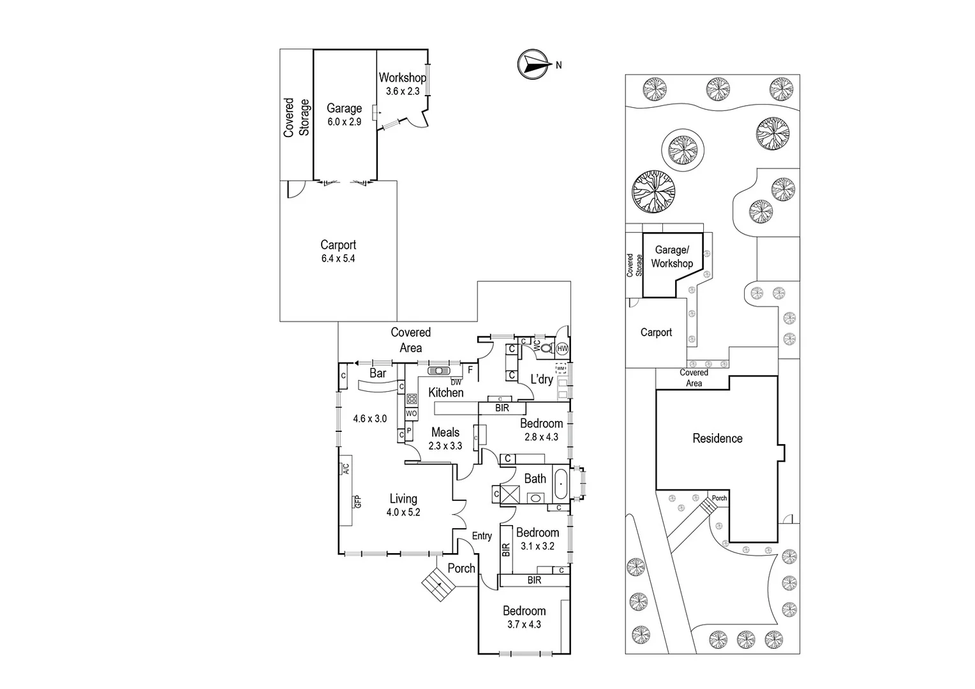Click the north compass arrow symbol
(533, 64)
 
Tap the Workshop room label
(402, 78)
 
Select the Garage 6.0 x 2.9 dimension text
(345, 122)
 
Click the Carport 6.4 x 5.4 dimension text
(338, 259)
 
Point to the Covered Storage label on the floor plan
(297, 117)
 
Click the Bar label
(378, 373)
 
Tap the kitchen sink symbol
(439, 371)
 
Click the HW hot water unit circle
(562, 349)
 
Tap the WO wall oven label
(411, 414)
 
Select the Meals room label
(445, 433)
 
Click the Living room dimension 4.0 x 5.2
(403, 512)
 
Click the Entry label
(482, 536)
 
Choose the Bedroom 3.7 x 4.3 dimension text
(524, 625)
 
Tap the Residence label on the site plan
(717, 438)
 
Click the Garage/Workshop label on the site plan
(672, 256)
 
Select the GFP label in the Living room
(358, 501)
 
